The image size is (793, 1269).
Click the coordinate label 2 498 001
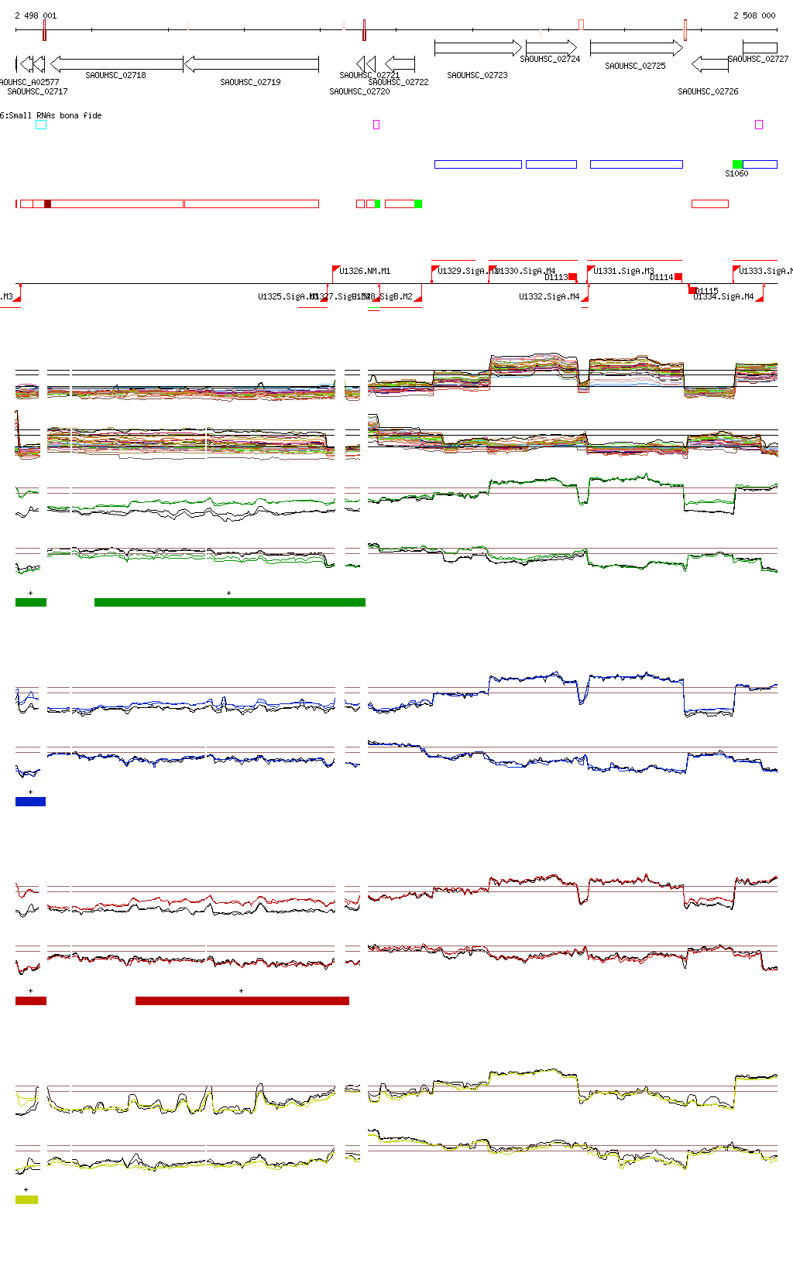tap(36, 15)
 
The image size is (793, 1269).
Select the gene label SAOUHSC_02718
tap(115, 75)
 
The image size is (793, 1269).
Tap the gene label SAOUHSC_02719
tap(250, 82)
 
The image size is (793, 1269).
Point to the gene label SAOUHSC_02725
tap(635, 66)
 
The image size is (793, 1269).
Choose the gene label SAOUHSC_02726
tap(708, 91)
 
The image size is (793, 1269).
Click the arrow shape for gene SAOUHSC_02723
tap(478, 48)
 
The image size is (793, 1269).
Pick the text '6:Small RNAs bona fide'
tap(51, 115)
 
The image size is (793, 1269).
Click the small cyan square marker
tap(41, 125)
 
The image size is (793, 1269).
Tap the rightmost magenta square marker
tap(759, 125)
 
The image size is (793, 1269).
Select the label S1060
tap(736, 173)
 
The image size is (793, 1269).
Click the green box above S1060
tap(737, 164)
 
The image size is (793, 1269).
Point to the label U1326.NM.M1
tap(365, 271)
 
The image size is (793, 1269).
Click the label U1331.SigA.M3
tap(623, 271)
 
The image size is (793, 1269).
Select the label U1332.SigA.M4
tap(549, 296)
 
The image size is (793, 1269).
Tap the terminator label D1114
tap(661, 277)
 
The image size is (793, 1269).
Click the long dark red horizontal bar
tap(242, 1000)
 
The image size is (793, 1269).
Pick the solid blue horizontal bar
tap(30, 802)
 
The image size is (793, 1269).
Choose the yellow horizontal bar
tap(26, 1199)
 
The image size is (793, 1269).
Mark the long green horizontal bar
tap(229, 602)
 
